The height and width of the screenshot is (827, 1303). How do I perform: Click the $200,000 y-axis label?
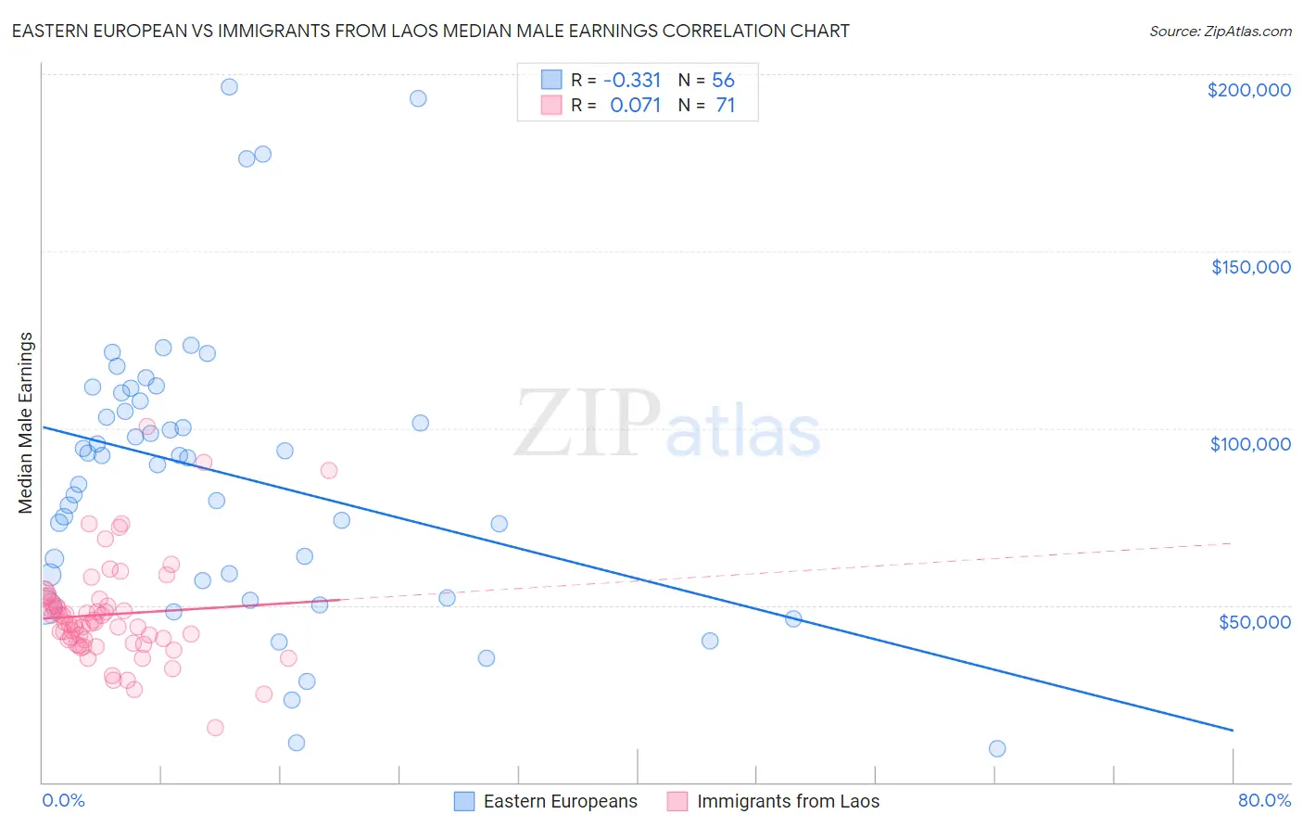click(x=1248, y=90)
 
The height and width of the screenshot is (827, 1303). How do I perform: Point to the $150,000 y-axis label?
click(x=1250, y=267)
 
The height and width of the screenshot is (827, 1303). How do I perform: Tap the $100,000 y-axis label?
click(x=1250, y=444)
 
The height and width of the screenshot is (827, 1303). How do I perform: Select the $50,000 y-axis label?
click(x=1254, y=621)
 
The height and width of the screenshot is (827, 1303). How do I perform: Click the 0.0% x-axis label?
click(x=63, y=800)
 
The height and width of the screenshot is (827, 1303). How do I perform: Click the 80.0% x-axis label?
click(x=1264, y=800)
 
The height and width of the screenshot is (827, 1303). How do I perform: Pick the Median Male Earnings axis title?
click(x=26, y=422)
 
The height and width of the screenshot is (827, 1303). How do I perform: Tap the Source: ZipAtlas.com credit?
click(x=1220, y=31)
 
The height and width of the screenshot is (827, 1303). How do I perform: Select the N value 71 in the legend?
click(x=725, y=106)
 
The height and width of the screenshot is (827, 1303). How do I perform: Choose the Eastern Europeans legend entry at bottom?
click(x=546, y=801)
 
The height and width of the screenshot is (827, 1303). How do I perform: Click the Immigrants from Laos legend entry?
click(x=773, y=801)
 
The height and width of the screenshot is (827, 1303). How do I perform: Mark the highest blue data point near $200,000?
click(x=229, y=87)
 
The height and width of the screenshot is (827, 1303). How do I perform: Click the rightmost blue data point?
click(x=997, y=748)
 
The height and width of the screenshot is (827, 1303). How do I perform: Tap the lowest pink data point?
click(x=215, y=728)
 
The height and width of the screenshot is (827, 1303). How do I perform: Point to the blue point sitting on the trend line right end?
click(x=793, y=618)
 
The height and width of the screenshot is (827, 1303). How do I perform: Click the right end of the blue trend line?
click(x=1233, y=731)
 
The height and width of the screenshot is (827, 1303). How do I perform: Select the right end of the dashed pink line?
click(x=1233, y=543)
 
